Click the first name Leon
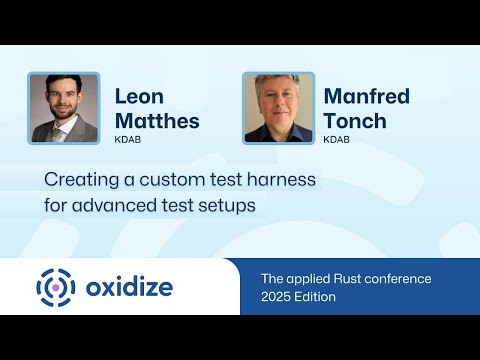pos(140,97)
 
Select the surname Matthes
pos(157,121)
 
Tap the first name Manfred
pos(366,97)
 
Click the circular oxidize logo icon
pos(56,288)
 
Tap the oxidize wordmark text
pos(129,288)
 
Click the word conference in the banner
pos(410,279)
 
